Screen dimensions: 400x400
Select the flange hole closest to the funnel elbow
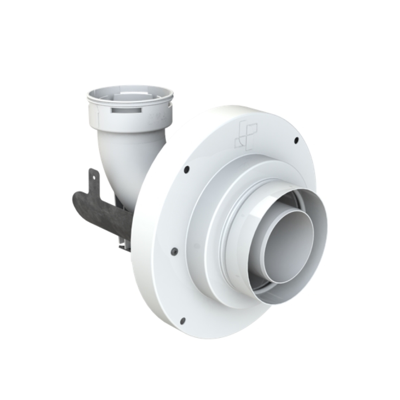click(x=186, y=169)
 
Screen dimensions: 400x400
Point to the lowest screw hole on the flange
click(x=181, y=320)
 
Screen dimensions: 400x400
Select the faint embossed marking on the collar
click(x=156, y=116)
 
